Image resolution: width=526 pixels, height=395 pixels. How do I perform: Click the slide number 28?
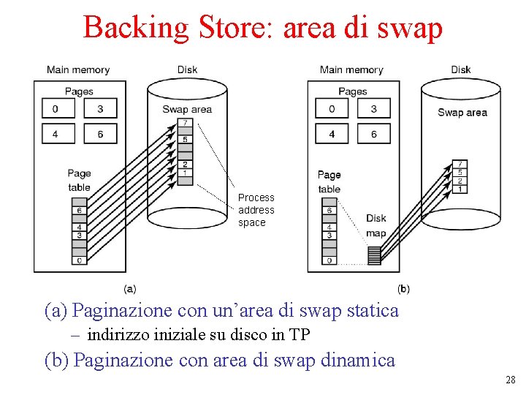coord(510,380)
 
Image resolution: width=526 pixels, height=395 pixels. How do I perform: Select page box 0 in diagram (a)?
coord(55,109)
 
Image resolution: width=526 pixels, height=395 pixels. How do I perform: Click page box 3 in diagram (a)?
coord(100,109)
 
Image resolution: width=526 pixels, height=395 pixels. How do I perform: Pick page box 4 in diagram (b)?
coord(332,134)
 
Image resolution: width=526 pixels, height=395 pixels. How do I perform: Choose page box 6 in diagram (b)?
coord(374,134)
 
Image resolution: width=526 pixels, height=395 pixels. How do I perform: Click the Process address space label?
coord(256,210)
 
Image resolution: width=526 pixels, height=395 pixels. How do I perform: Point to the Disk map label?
coord(376,226)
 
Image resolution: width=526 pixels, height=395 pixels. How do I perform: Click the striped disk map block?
coord(374,255)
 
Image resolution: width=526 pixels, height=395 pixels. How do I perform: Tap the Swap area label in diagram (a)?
coord(187,110)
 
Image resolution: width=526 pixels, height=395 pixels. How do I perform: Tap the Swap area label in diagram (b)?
coord(462,113)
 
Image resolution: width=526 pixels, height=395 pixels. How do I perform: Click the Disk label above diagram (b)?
coord(460,70)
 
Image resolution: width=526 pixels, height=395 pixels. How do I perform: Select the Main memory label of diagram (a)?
coord(78,70)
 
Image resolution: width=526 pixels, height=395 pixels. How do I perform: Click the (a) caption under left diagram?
coord(129,289)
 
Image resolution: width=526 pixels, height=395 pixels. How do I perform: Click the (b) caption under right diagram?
coord(403,289)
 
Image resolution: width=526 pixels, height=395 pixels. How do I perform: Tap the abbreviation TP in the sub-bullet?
coord(300,335)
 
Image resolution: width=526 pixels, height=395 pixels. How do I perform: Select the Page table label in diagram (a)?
coord(79,180)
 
